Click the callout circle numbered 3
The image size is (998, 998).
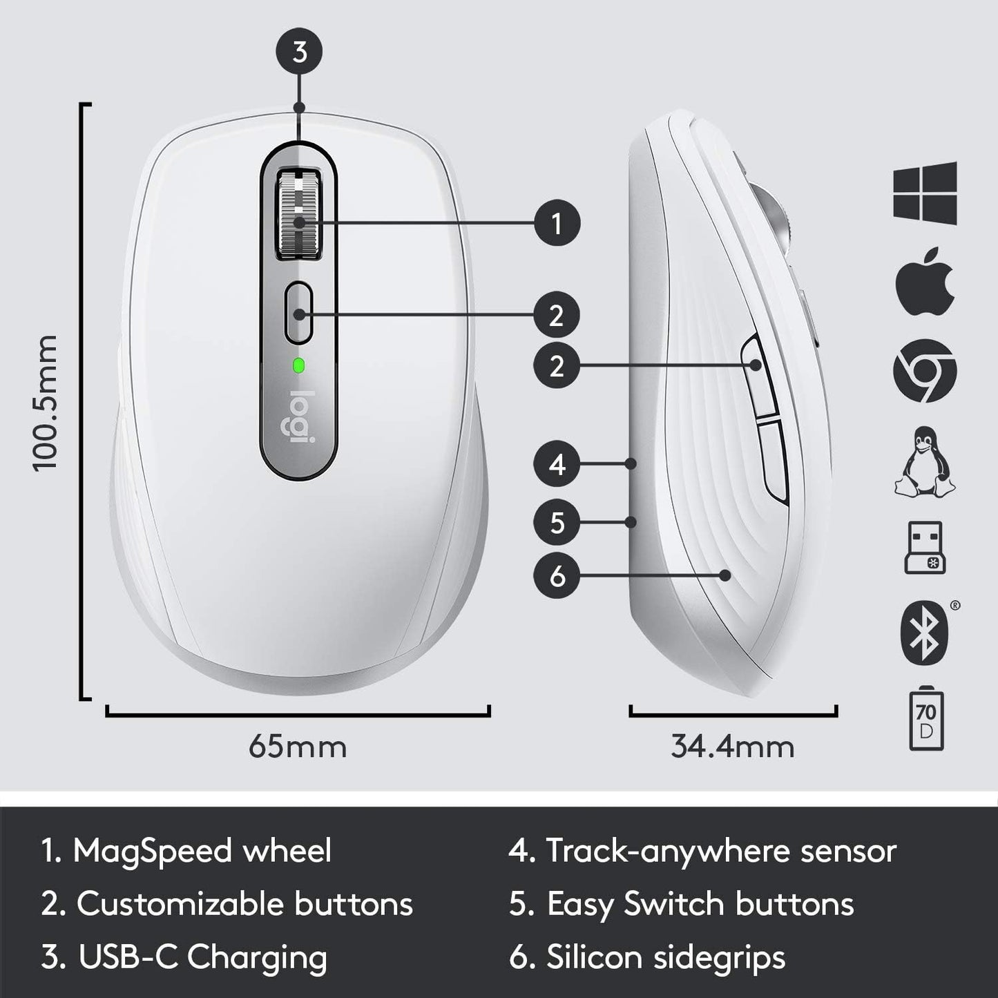(299, 52)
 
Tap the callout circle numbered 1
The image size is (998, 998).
(557, 223)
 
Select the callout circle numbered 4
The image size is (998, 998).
(557, 464)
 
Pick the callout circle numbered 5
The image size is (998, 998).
(557, 522)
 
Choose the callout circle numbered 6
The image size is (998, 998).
(557, 575)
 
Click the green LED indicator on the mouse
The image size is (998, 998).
(299, 365)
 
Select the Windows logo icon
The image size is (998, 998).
(925, 193)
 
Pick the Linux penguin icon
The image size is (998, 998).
(925, 461)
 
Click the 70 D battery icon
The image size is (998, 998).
(925, 720)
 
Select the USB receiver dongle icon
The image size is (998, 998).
(925, 548)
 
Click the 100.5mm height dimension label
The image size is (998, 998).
(46, 403)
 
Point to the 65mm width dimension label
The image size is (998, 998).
(298, 747)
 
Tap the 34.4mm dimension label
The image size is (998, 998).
(733, 747)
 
